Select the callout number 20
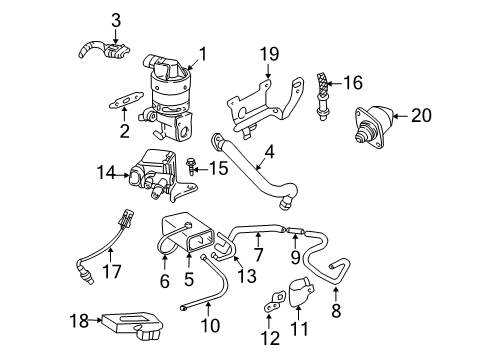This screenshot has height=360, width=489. tap(422, 116)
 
